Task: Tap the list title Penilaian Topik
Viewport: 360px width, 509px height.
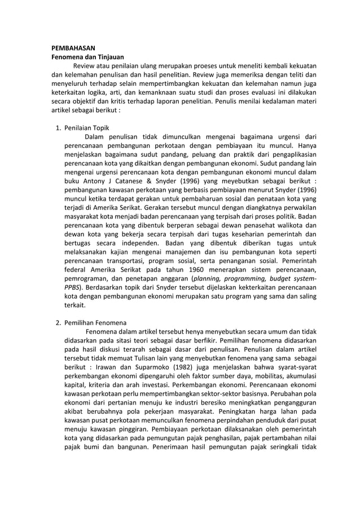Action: coord(87,128)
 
